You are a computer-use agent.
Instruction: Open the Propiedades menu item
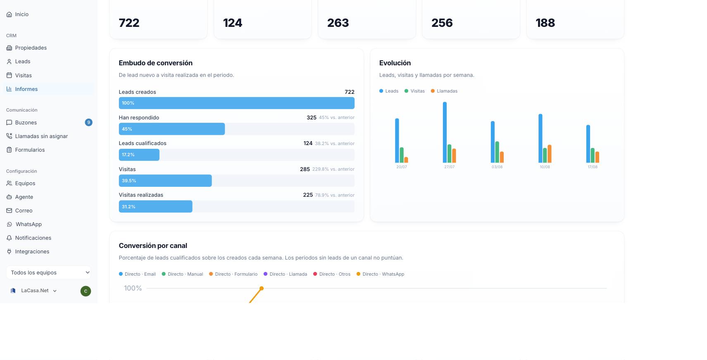click(x=31, y=48)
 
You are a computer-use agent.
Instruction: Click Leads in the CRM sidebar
click(x=22, y=61)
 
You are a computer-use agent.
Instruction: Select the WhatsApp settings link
click(x=29, y=224)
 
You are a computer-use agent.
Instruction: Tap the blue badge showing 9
click(x=89, y=122)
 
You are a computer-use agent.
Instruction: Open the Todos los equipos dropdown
click(x=49, y=272)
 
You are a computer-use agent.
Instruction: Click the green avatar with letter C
click(x=86, y=291)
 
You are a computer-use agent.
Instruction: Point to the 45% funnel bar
click(x=172, y=129)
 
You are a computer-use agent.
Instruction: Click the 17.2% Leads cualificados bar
click(x=139, y=155)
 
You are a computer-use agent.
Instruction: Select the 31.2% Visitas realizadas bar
click(x=156, y=207)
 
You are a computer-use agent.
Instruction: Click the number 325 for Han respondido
click(x=312, y=117)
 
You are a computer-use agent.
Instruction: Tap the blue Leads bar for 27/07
click(x=445, y=132)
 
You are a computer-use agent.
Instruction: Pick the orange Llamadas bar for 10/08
click(x=550, y=154)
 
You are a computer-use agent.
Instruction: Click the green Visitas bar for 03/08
click(x=497, y=152)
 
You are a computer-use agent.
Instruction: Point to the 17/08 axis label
click(x=593, y=167)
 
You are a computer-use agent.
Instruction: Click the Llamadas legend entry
click(x=444, y=91)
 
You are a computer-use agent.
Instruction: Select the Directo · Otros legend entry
click(x=332, y=274)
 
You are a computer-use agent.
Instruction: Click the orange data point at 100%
click(x=261, y=288)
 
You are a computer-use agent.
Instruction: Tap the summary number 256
click(x=442, y=23)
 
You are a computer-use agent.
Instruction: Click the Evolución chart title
click(x=395, y=63)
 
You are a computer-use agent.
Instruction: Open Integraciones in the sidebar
click(x=32, y=251)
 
